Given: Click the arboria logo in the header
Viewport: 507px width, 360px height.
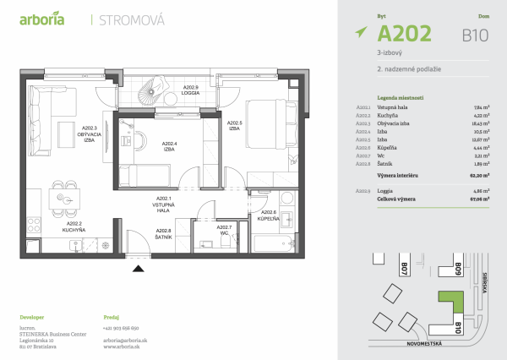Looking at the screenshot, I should (x=41, y=19).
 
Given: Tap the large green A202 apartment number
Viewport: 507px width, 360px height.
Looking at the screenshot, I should (x=404, y=33).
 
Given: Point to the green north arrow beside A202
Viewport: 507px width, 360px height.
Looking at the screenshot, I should (x=362, y=33).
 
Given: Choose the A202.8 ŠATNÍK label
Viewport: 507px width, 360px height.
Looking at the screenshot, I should (x=164, y=234).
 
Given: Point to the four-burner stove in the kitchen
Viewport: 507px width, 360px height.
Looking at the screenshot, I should (x=35, y=225).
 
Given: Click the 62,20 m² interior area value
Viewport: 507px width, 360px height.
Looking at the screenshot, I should (x=485, y=175).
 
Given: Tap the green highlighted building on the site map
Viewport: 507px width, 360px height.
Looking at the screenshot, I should (x=452, y=305).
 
